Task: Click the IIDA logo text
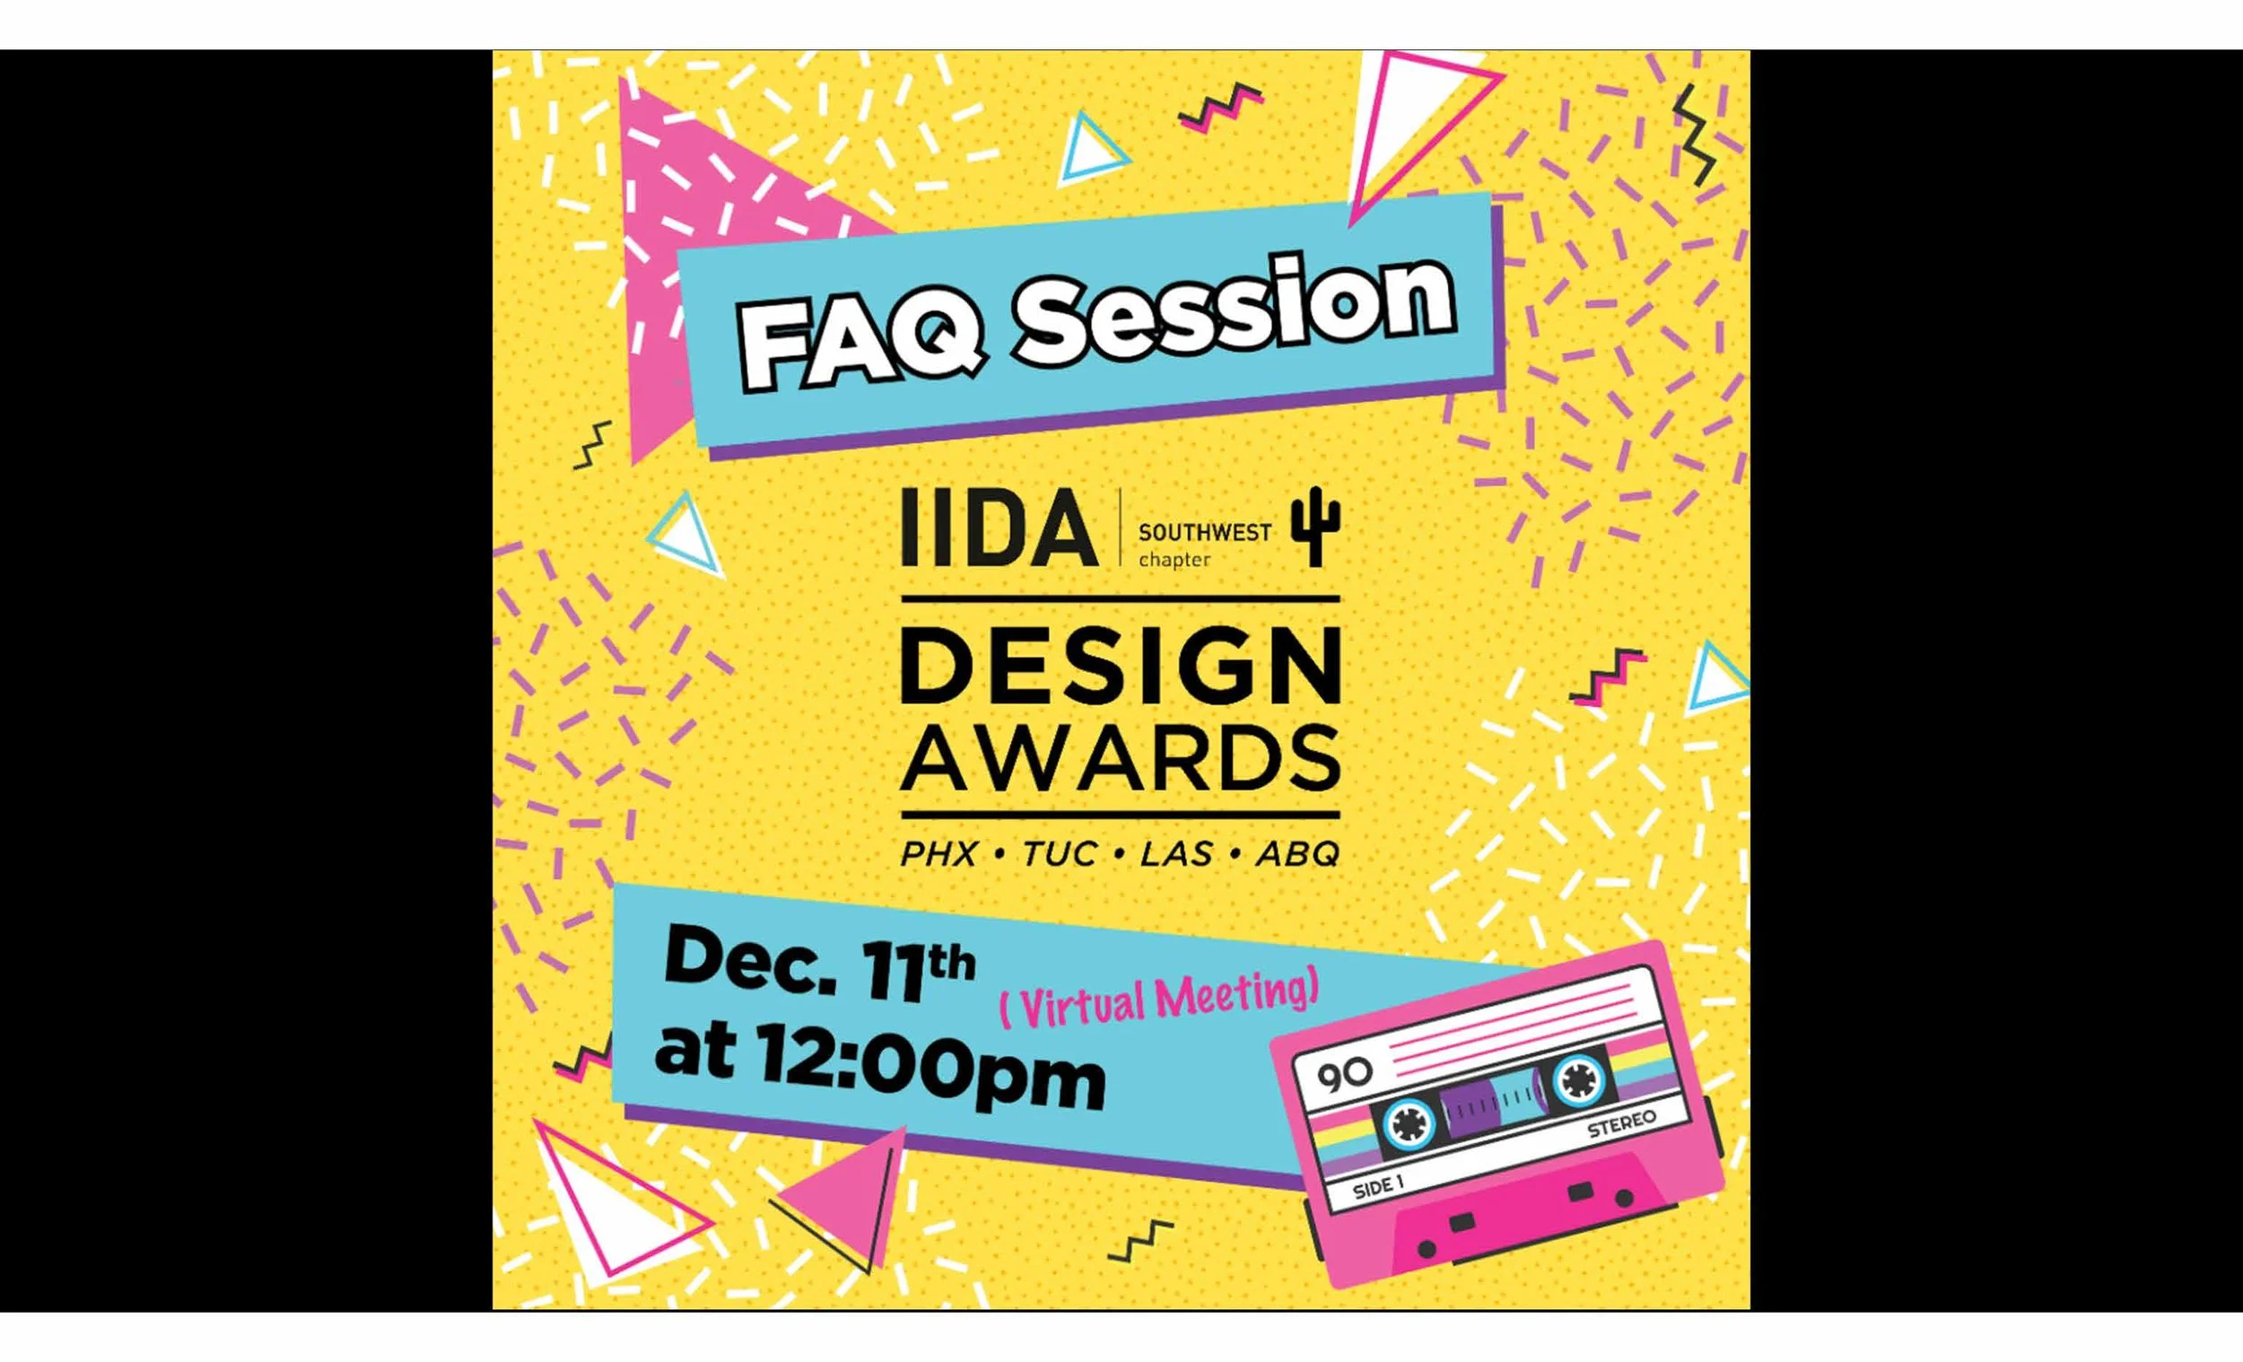click(999, 528)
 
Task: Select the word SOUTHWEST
click(1204, 533)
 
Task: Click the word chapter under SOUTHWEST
click(1174, 560)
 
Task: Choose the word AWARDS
click(1121, 757)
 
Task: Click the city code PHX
click(938, 854)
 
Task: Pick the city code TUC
click(1060, 854)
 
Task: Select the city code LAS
click(1176, 854)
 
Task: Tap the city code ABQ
click(1297, 854)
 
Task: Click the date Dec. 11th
click(818, 965)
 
